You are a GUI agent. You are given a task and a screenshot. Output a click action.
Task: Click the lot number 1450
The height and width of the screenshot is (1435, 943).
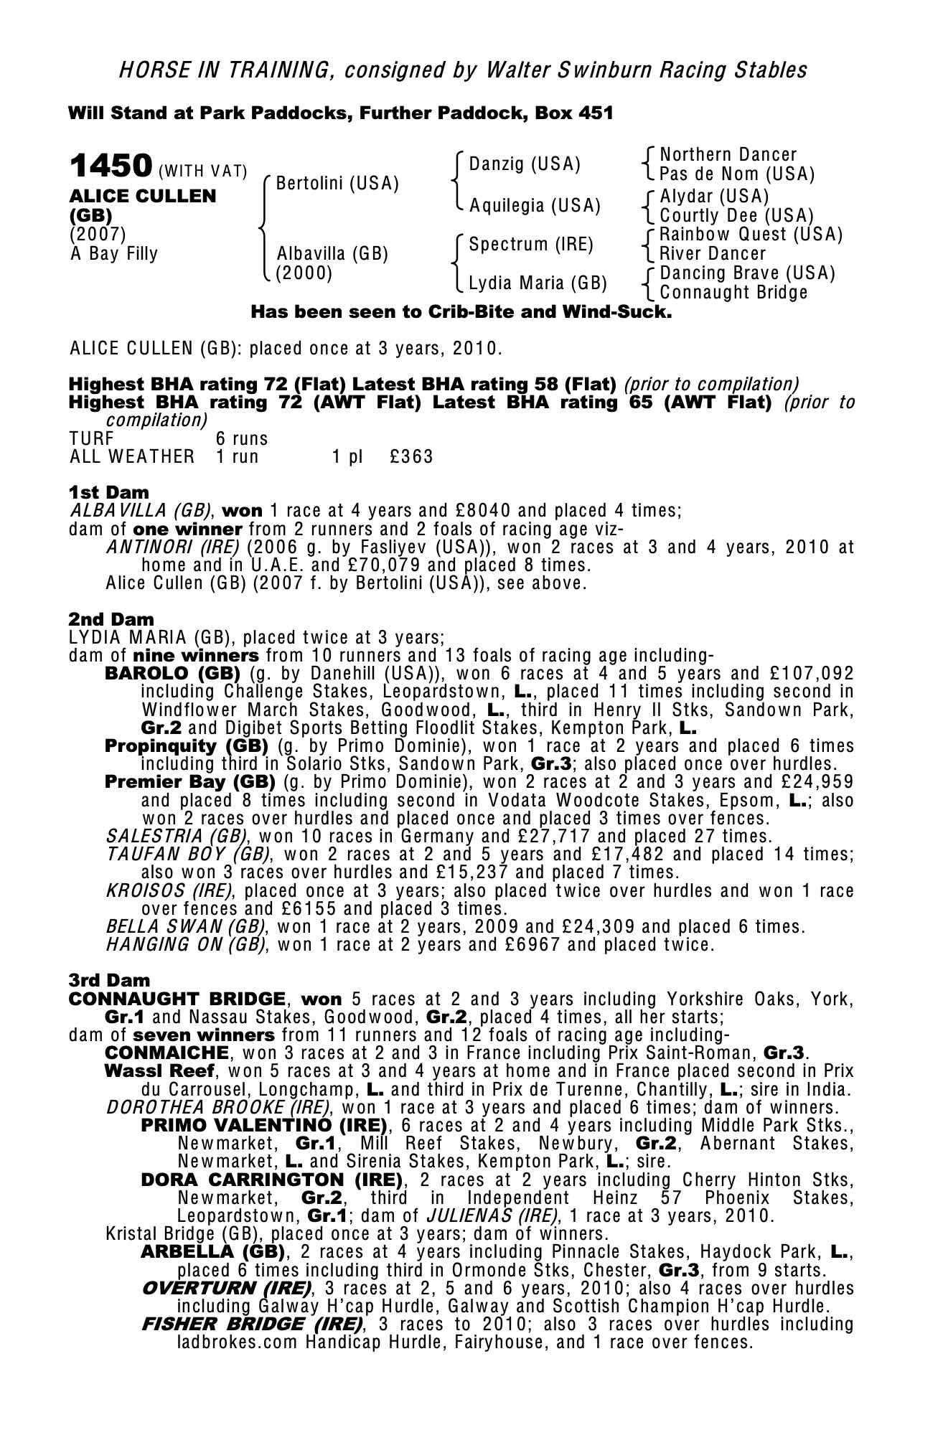[x=111, y=166]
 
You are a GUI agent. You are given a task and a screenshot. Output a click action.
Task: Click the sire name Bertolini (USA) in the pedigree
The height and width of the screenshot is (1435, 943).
[x=337, y=184]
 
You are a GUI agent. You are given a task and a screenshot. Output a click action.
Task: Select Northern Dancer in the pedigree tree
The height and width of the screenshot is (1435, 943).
[x=728, y=155]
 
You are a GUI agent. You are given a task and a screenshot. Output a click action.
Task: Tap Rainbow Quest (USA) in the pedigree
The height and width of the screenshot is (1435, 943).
[x=751, y=235]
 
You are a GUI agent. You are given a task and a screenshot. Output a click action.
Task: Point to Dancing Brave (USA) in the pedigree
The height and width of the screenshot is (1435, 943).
[x=747, y=273]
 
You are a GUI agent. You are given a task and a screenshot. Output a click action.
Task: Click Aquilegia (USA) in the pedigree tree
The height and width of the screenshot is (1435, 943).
[x=534, y=206]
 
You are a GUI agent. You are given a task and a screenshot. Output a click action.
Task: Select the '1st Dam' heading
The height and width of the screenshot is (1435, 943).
[x=109, y=493]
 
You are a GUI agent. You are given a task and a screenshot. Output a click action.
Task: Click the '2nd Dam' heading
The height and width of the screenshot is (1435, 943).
[x=111, y=619]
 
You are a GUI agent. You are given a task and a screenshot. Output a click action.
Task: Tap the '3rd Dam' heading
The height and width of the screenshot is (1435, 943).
[x=110, y=981]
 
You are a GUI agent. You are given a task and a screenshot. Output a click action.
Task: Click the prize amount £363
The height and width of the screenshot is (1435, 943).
[x=411, y=457]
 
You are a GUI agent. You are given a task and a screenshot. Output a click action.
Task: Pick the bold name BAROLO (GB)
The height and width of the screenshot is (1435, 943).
[x=172, y=674]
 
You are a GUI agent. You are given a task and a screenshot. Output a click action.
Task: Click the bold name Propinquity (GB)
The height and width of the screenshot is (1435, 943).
[x=187, y=746]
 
